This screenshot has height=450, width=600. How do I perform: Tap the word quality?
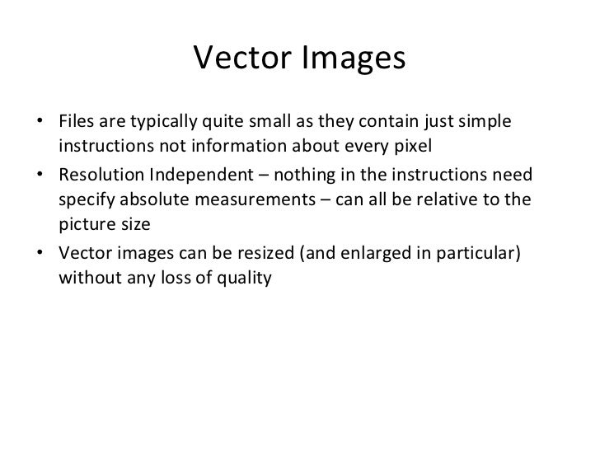(245, 280)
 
